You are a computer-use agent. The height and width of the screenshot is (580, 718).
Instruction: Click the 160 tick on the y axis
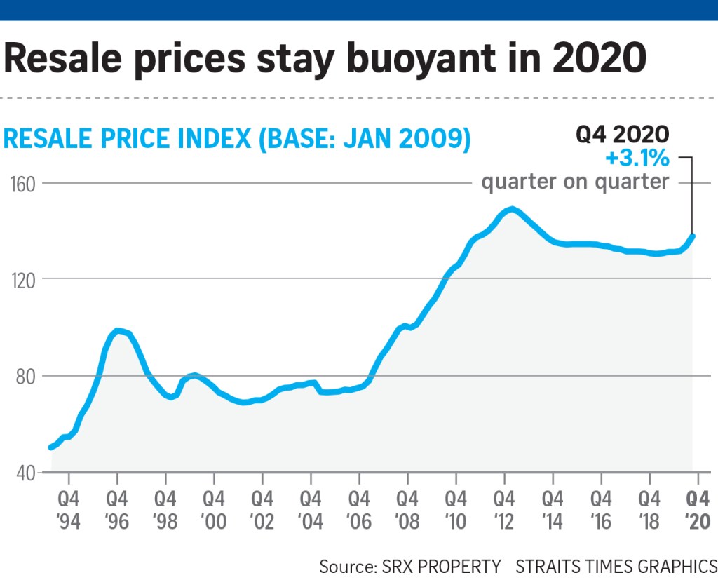click(x=22, y=184)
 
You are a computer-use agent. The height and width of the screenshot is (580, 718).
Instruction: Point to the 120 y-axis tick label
click(x=22, y=278)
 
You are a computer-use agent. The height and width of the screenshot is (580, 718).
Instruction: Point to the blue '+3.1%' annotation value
click(x=637, y=159)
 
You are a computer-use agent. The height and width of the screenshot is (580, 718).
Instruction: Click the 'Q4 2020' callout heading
click(x=623, y=135)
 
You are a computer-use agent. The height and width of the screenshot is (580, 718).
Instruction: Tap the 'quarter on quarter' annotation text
click(x=575, y=182)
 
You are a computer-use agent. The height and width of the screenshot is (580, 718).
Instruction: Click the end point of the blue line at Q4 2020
click(x=693, y=236)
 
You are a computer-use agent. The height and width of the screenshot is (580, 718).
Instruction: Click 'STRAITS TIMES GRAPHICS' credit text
click(x=616, y=566)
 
